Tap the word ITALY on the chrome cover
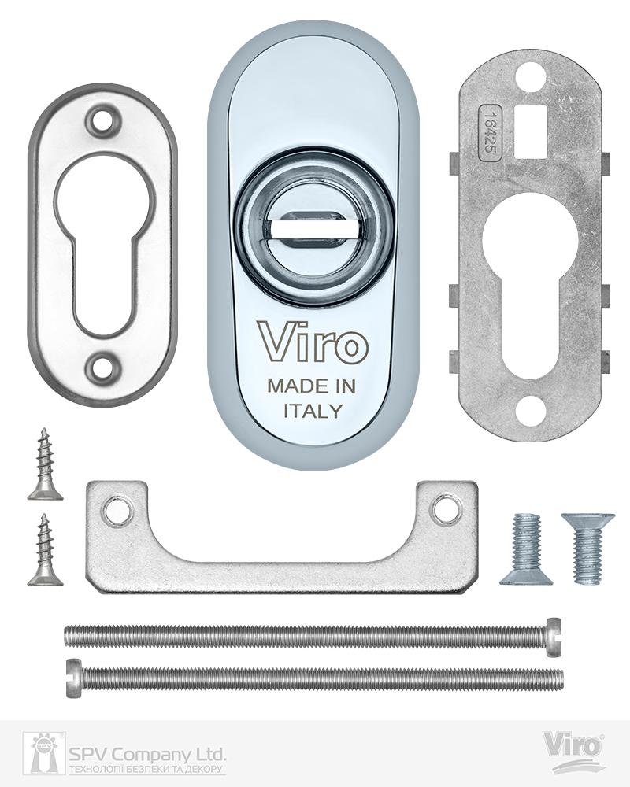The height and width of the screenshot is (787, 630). pos(313,411)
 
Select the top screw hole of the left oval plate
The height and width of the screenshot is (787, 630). pos(104,119)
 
